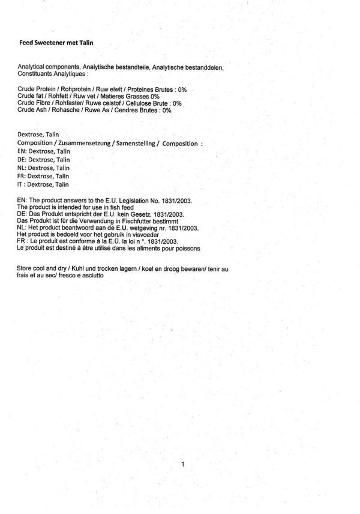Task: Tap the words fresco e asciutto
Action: click(x=80, y=275)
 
